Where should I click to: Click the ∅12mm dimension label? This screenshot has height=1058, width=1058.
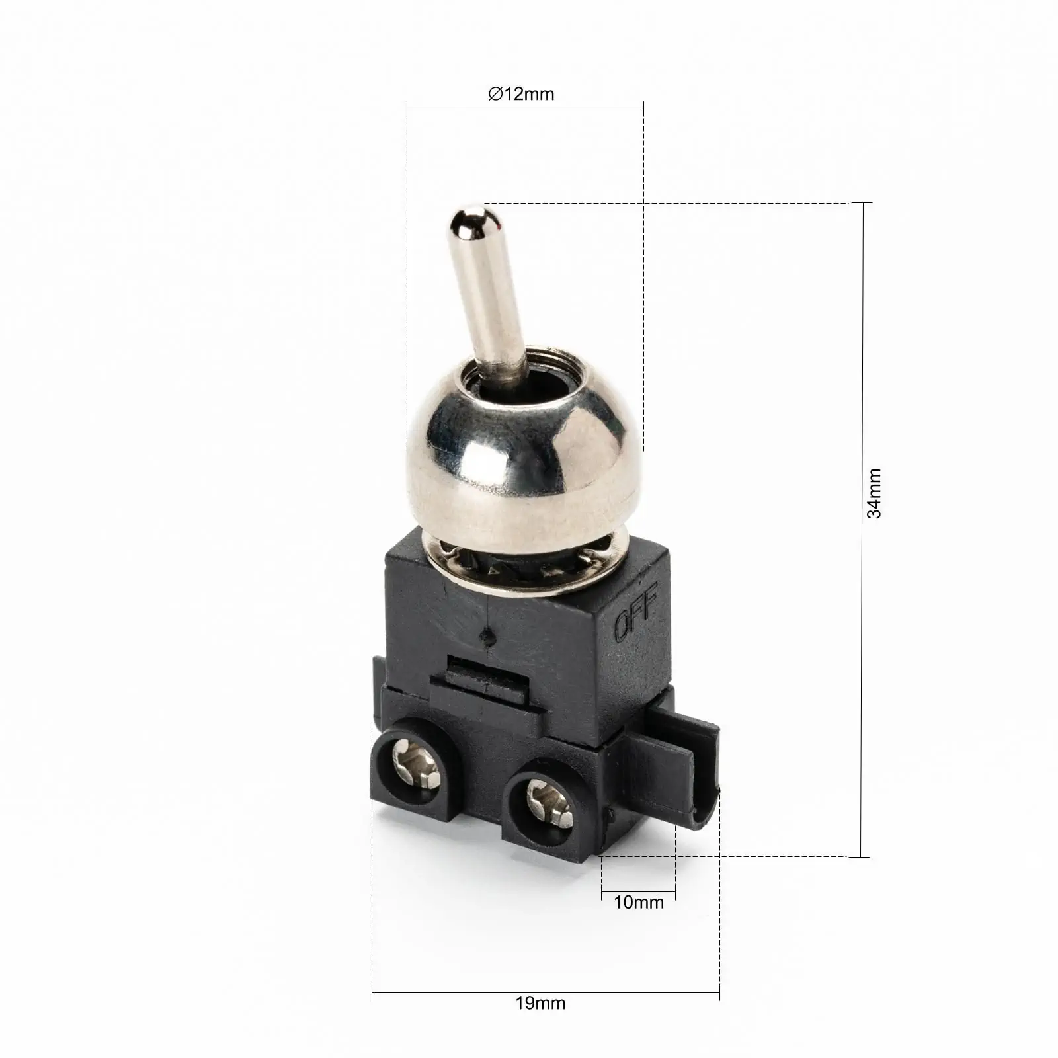[521, 94]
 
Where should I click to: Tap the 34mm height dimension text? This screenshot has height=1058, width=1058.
[874, 493]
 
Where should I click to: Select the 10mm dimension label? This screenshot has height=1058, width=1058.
[638, 902]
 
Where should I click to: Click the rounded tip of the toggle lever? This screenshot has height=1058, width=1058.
[470, 222]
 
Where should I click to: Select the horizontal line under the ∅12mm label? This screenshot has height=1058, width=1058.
[525, 108]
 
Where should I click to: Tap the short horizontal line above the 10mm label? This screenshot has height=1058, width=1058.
[638, 893]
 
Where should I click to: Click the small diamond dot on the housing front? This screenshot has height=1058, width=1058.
[487, 637]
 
